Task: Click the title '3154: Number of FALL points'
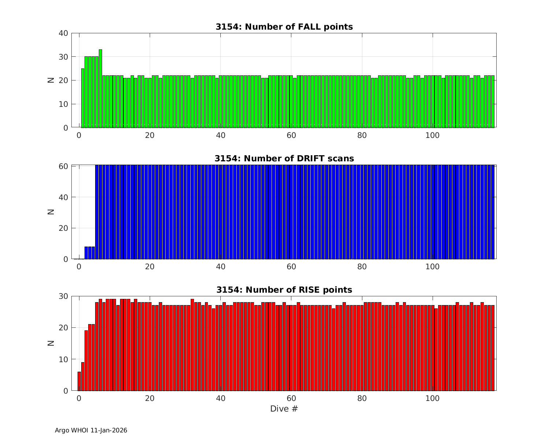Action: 284,27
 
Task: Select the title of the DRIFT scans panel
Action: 284,158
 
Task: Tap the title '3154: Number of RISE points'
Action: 284,290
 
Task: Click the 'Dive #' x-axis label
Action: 284,409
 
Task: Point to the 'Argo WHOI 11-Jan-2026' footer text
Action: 91,431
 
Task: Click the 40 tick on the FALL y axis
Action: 63,33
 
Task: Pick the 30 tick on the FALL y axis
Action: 63,57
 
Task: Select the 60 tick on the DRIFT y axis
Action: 63,166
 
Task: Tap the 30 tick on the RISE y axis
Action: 63,296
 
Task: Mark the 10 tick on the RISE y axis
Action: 63,360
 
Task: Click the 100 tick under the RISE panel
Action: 433,398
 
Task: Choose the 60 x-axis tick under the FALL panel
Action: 291,135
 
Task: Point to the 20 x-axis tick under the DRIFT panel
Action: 150,267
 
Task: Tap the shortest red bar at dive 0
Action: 79,381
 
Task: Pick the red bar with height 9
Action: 83,376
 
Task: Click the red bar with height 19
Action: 86,360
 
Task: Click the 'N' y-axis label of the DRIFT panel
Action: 51,211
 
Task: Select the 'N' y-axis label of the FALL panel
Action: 51,80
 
